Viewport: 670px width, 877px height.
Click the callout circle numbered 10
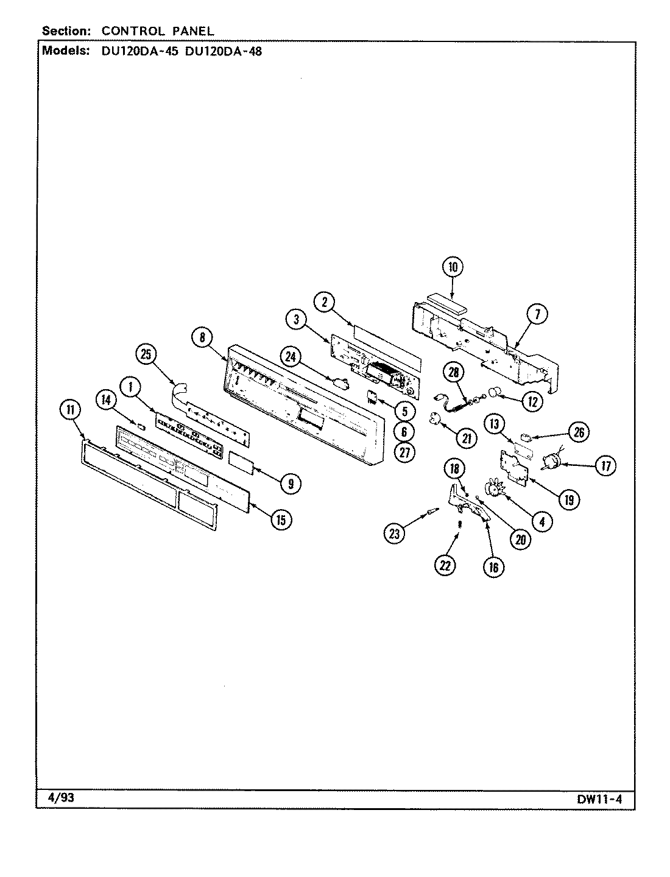(x=453, y=267)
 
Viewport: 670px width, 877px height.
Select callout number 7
(x=537, y=315)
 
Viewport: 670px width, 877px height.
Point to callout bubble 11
(x=70, y=410)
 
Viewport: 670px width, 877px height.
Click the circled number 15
(x=281, y=520)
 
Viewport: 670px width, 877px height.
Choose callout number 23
(x=394, y=534)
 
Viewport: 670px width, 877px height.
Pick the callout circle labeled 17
(x=605, y=467)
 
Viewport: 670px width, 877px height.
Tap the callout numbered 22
(x=445, y=565)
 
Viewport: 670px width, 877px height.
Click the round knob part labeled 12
(x=498, y=400)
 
